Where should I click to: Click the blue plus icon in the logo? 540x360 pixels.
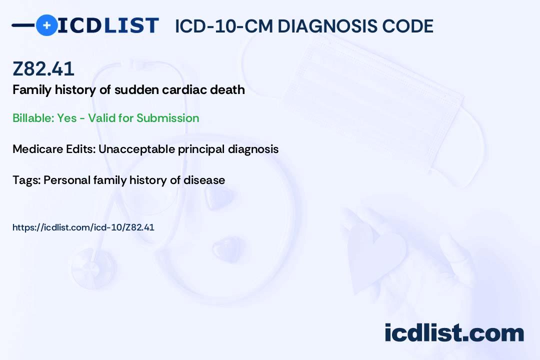coord(46,25)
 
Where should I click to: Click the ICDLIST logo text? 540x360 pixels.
coord(108,25)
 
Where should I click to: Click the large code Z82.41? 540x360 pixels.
coord(43,68)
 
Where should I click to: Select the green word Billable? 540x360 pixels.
coord(33,118)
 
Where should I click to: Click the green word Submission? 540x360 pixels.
coord(167,118)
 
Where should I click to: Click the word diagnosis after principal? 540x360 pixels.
coord(253,149)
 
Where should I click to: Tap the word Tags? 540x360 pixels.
coord(26,180)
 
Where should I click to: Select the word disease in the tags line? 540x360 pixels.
coord(204,180)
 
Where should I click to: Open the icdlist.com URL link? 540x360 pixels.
coord(83,227)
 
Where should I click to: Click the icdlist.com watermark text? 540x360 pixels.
coord(454,333)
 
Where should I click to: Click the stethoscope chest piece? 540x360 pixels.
coord(93,268)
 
